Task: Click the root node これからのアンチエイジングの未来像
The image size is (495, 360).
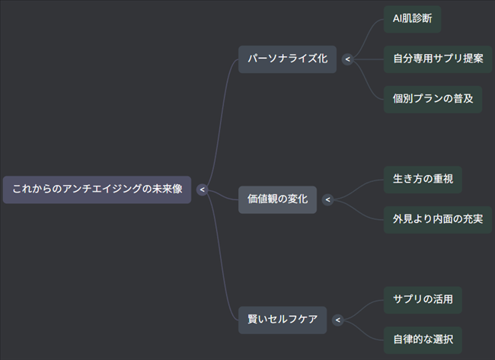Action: click(x=97, y=190)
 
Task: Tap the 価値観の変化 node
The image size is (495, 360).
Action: click(x=277, y=199)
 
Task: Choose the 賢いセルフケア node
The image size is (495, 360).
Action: click(x=283, y=320)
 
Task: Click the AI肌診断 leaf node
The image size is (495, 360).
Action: click(x=412, y=18)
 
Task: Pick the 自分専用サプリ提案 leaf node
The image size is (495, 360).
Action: click(x=438, y=58)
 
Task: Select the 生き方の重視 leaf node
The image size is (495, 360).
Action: click(x=422, y=179)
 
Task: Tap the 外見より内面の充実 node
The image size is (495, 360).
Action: click(x=438, y=219)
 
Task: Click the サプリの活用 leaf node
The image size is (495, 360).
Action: click(x=423, y=299)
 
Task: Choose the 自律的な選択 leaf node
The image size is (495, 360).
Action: click(x=423, y=339)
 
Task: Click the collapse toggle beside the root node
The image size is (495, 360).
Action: click(x=202, y=190)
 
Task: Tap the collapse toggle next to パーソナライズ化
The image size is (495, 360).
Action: click(x=348, y=59)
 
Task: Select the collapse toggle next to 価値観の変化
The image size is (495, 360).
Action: click(x=327, y=199)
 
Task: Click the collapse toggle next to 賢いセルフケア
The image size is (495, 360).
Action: click(x=338, y=320)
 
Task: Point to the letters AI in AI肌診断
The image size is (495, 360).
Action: click(x=397, y=18)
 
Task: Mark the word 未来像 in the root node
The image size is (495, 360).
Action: click(x=168, y=190)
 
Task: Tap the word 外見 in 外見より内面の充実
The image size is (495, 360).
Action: click(x=402, y=219)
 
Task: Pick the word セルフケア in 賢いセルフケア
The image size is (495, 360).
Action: click(x=292, y=320)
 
